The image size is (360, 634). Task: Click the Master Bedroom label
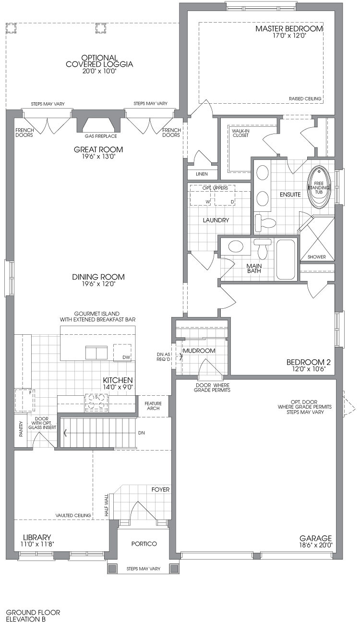289,29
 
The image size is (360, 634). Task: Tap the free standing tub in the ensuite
319,187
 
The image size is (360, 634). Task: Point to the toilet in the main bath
263,248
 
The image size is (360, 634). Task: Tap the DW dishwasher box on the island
122,353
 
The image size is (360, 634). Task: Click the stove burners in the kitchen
96,402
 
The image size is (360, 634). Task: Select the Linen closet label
202,174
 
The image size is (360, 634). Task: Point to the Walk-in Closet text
240,133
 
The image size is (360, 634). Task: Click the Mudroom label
199,351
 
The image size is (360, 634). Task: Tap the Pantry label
21,429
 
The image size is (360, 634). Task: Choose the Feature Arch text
153,406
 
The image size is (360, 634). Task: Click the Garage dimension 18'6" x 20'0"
316,545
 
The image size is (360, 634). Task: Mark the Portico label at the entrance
144,544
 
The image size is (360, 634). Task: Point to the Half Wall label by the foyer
107,505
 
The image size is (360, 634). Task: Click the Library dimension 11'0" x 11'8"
37,544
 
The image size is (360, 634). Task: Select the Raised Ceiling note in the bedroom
305,99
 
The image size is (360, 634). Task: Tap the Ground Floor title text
33,612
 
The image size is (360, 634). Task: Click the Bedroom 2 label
309,362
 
